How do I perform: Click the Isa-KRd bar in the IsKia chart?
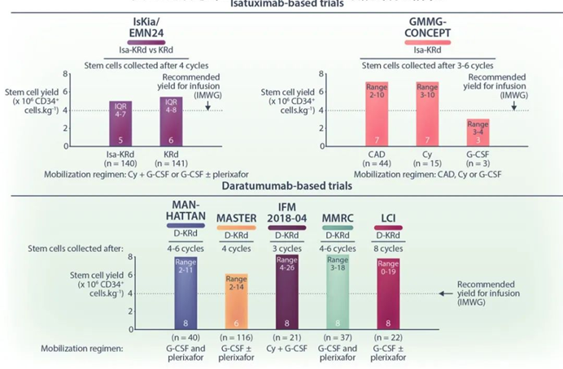point(120,123)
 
